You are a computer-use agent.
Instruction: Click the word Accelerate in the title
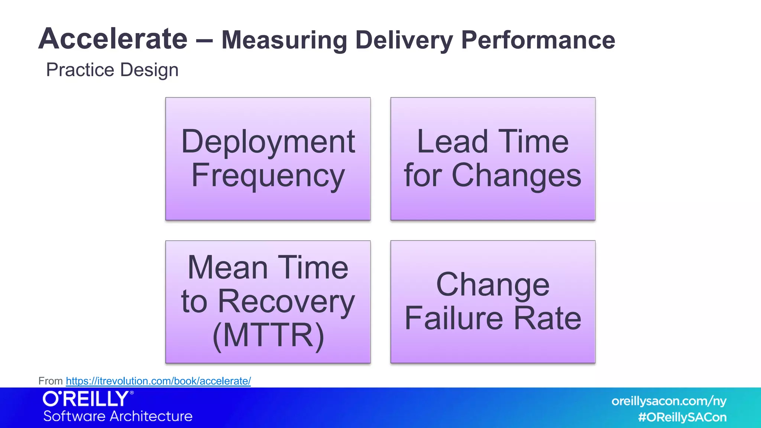click(x=113, y=39)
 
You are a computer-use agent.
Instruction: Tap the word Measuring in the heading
click(x=284, y=40)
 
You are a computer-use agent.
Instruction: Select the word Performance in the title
click(x=538, y=40)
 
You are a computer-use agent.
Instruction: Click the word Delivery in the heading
click(x=404, y=40)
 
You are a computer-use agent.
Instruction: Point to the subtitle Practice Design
click(x=112, y=70)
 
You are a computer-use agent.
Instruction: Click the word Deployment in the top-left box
click(x=268, y=142)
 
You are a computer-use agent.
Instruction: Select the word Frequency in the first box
click(x=268, y=176)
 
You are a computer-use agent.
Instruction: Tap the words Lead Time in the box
click(x=493, y=142)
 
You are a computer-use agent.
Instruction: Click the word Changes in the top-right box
click(x=516, y=175)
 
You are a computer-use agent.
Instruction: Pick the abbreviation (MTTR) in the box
click(x=268, y=335)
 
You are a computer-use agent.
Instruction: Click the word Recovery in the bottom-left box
click(x=286, y=301)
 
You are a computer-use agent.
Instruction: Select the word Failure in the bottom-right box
click(x=454, y=318)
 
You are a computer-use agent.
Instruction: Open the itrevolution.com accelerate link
click(x=158, y=381)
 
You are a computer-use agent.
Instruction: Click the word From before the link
click(x=51, y=381)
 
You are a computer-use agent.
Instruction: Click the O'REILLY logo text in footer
click(x=86, y=399)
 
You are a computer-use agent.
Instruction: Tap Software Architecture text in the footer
click(x=118, y=416)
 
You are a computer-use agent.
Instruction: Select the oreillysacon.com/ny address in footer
click(x=668, y=401)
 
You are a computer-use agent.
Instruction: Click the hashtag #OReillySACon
click(x=682, y=417)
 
